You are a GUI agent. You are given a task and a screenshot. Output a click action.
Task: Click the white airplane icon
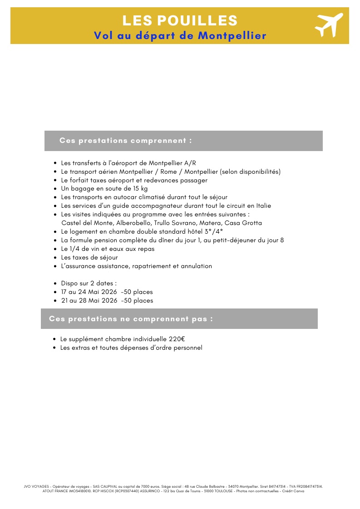(329, 25)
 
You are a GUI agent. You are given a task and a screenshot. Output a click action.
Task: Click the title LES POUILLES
(180, 20)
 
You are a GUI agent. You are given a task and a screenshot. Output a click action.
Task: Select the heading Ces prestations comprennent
(125, 141)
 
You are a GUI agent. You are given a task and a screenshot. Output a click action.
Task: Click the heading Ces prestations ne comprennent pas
(131, 319)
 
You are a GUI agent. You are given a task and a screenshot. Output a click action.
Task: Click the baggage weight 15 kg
(140, 189)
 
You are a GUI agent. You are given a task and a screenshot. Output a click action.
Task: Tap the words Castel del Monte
(87, 223)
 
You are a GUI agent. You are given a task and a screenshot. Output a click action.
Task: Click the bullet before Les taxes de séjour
(55, 258)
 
